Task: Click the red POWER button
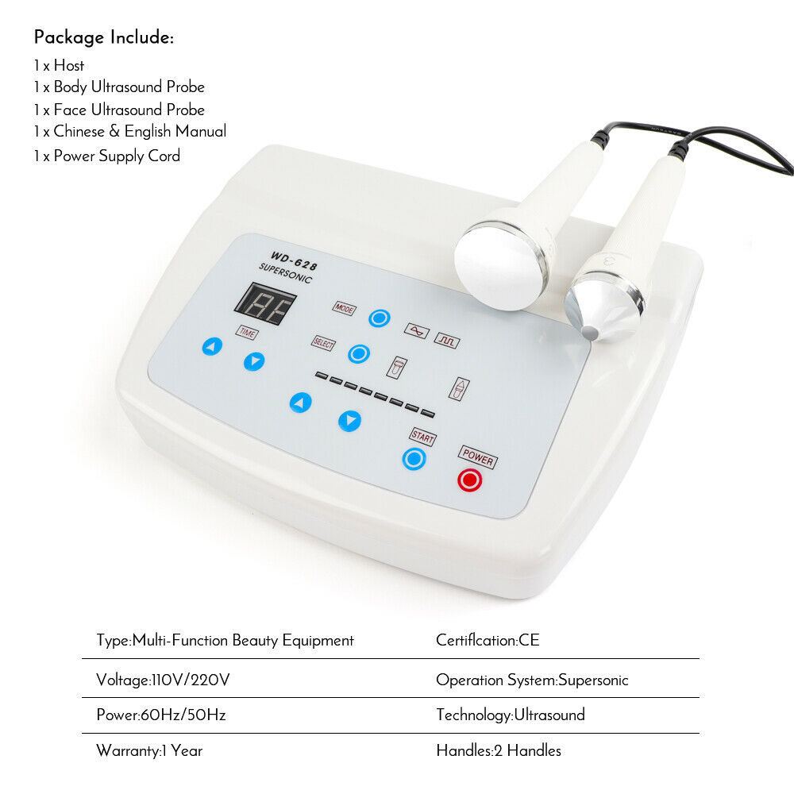tap(469, 480)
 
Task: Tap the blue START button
tap(414, 458)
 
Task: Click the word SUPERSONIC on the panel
tap(286, 274)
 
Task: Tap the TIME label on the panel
tap(246, 333)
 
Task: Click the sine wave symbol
tap(416, 330)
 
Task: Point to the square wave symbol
tap(447, 341)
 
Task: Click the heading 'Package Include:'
tap(103, 37)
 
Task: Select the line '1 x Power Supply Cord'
tap(106, 156)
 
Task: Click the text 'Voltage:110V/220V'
tap(164, 680)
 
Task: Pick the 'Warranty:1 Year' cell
tap(149, 750)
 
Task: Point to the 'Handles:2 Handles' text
tap(498, 750)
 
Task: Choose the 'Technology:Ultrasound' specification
tap(510, 715)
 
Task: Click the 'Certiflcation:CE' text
tap(488, 640)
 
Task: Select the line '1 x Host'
tap(59, 65)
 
